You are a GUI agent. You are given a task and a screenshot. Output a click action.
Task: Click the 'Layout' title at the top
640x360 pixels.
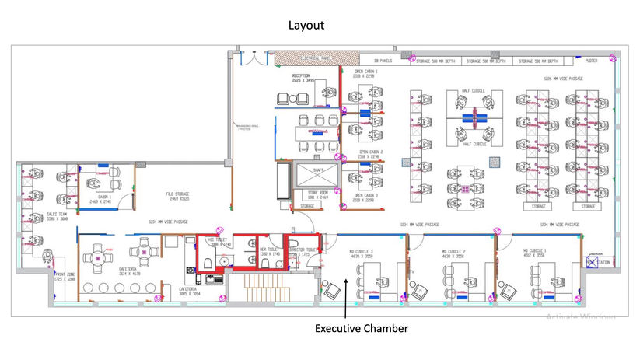[306, 25]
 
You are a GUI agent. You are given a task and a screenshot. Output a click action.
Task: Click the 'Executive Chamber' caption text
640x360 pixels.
[361, 329]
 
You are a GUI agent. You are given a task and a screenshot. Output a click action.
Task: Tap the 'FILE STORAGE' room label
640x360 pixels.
[177, 197]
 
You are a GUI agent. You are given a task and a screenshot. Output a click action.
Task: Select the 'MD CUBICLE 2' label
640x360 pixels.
[453, 253]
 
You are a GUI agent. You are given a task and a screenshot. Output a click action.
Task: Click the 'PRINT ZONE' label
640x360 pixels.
[65, 276]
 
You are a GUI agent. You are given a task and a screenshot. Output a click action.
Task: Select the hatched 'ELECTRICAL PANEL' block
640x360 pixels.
[304, 58]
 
